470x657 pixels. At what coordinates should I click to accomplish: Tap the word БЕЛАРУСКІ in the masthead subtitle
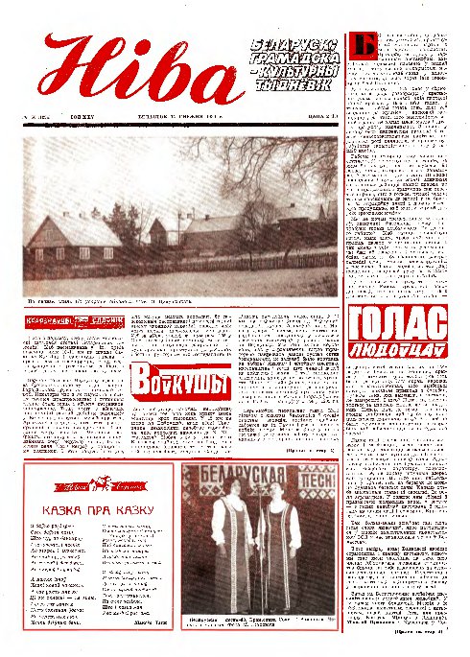point(292,45)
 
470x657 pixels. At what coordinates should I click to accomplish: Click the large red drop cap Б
point(362,46)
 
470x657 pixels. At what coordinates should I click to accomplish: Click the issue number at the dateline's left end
point(44,121)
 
